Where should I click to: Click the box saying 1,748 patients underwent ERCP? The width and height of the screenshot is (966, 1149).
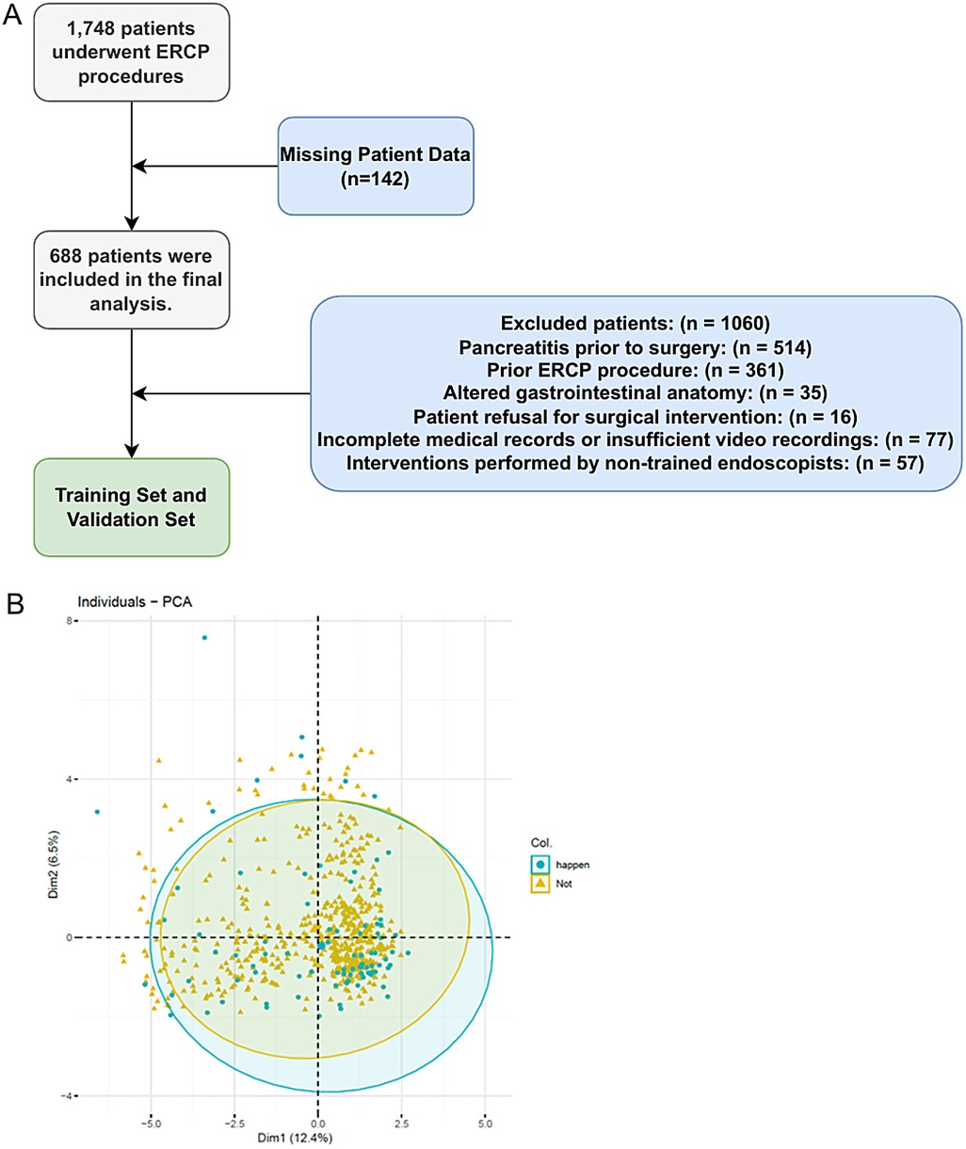pos(131,53)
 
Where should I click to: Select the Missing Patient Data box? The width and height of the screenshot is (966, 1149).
pos(375,166)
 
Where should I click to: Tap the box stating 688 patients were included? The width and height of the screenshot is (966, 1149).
pos(131,279)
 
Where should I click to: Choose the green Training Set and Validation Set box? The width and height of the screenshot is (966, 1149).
pos(131,507)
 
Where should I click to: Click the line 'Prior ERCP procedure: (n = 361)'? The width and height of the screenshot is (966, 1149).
pos(635,370)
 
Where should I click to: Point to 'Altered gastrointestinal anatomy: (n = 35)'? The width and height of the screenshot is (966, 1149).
pos(635,392)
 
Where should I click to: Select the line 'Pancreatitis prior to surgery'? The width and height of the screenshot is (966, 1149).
pos(635,347)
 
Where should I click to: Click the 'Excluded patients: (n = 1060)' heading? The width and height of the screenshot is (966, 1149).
pos(635,324)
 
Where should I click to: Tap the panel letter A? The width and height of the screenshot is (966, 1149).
pos(13,16)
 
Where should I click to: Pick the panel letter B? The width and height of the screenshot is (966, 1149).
pos(15,603)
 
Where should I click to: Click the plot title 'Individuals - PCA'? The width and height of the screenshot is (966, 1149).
pos(135,602)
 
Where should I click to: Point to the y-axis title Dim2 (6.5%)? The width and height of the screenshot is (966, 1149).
pos(55,864)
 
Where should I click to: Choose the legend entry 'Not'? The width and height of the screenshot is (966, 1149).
pos(563,885)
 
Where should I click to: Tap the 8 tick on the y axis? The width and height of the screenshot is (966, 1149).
pos(70,621)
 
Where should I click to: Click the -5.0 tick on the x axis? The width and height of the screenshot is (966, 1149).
pos(151,1123)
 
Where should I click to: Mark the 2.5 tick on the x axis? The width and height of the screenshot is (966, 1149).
pos(401,1123)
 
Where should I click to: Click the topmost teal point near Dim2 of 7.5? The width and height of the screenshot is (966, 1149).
pos(204,638)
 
